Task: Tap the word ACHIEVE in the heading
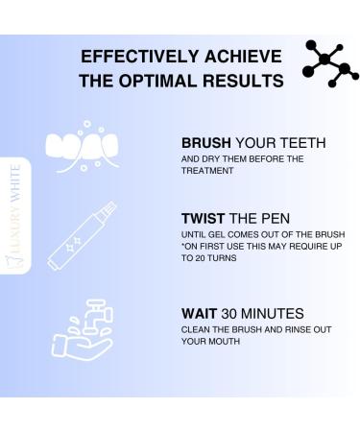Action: pos(243,57)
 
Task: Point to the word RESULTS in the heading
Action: pos(243,81)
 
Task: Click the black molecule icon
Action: pos(329,63)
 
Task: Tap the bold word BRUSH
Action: pos(206,143)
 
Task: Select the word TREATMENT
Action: pos(207,171)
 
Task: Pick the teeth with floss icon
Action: pos(83,147)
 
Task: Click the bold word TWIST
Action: pos(204,219)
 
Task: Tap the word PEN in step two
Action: pos(276,219)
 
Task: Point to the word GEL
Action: pos(217,235)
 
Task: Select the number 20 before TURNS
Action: pos(201,258)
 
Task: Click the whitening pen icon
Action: pos(83,236)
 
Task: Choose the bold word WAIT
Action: pos(199,313)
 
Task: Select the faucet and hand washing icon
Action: pos(83,329)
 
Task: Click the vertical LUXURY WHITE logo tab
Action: pos(15,216)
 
